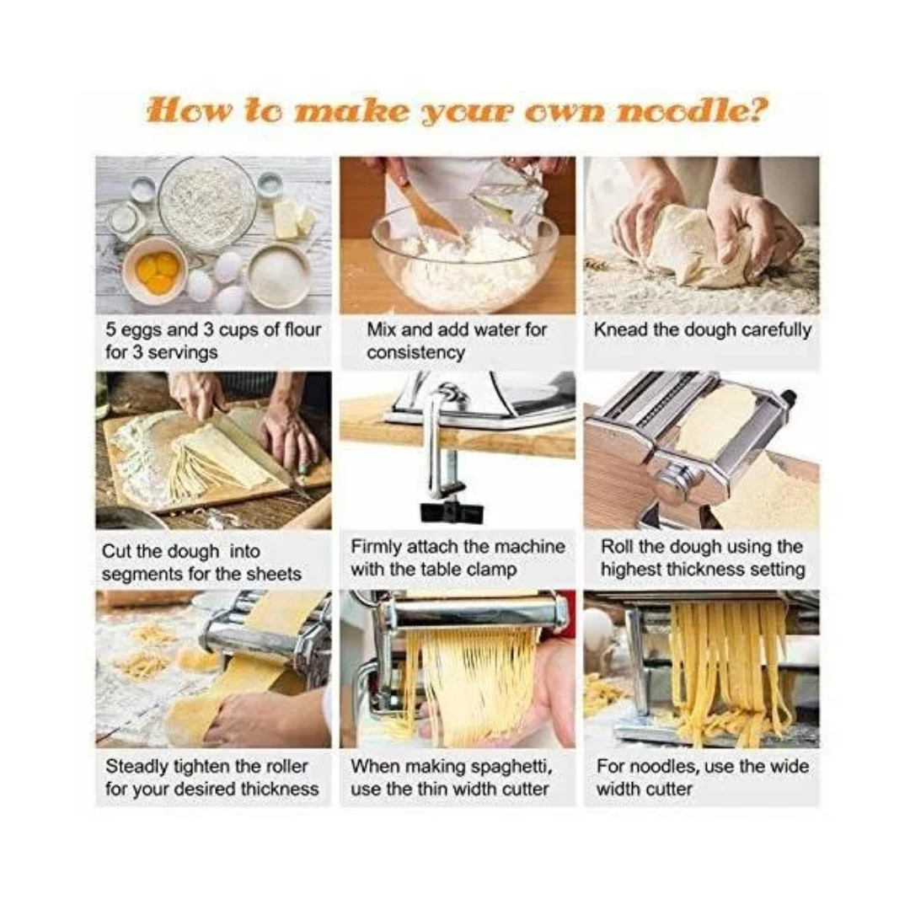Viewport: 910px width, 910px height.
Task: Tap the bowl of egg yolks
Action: pos(155,270)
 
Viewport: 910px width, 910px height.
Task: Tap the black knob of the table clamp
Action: pos(452,511)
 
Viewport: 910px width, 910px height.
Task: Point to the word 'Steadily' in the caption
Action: pos(137,767)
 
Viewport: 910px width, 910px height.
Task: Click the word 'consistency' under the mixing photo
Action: pos(415,353)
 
